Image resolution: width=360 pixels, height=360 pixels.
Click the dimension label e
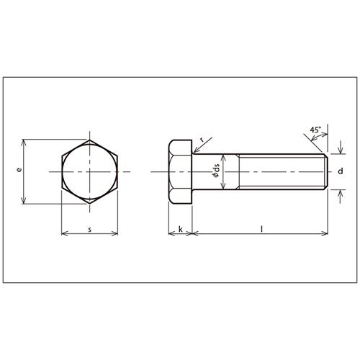click(19, 170)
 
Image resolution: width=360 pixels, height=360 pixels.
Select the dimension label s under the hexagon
click(90, 230)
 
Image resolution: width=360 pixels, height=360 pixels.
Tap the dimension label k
click(181, 229)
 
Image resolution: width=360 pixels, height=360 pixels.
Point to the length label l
click(262, 229)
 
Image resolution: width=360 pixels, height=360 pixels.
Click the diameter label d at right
click(341, 171)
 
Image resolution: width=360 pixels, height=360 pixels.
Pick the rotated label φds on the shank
click(216, 171)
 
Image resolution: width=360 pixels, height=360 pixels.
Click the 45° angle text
click(315, 130)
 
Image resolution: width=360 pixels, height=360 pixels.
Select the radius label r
click(202, 139)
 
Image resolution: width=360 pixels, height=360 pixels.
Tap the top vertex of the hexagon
click(90, 140)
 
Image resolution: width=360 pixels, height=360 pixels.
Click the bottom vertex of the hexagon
click(90, 204)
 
